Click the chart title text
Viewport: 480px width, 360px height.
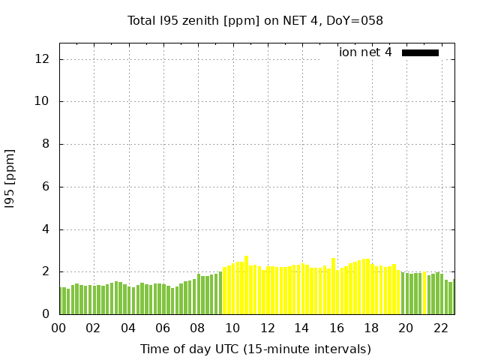(x=255, y=21)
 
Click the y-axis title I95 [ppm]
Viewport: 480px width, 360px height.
(x=10, y=178)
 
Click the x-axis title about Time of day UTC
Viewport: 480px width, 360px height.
(x=255, y=349)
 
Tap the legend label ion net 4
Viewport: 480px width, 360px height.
(x=365, y=52)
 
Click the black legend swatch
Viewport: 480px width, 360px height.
(x=420, y=52)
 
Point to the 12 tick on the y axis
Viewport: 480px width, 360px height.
(x=45, y=59)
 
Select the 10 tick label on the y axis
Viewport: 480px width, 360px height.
(x=45, y=101)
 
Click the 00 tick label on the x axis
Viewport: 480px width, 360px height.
(x=58, y=328)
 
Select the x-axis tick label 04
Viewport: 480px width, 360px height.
(x=128, y=328)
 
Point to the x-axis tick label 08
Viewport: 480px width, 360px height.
(x=197, y=328)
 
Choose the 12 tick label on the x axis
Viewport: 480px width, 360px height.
(x=267, y=328)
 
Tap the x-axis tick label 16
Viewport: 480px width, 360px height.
(x=336, y=328)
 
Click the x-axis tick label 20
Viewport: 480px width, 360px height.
(x=406, y=328)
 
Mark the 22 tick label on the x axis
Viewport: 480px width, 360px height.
(x=440, y=328)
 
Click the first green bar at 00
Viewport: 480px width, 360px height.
(x=61, y=301)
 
